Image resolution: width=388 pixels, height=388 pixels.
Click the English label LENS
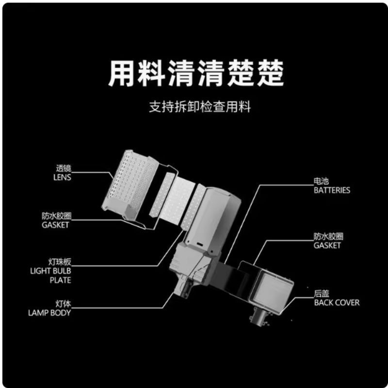[x=62, y=178]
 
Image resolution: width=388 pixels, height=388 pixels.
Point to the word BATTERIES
[x=332, y=190]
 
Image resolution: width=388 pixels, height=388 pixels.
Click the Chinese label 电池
[x=321, y=181]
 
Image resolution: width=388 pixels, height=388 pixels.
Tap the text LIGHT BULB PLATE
[x=50, y=275]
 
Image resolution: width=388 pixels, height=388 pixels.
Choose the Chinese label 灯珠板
[x=60, y=262]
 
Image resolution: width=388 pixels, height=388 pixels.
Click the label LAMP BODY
[x=49, y=313]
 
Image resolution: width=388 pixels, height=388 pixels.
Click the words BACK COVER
[x=337, y=303]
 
